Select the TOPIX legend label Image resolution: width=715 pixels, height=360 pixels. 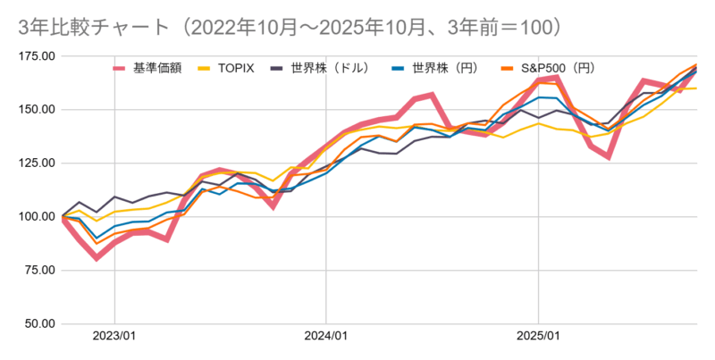coord(236,67)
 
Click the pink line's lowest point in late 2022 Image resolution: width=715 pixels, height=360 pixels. coord(97,258)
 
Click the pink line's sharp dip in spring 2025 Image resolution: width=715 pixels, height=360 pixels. coord(609,156)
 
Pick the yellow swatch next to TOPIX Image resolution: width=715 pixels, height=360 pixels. coord(204,67)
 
